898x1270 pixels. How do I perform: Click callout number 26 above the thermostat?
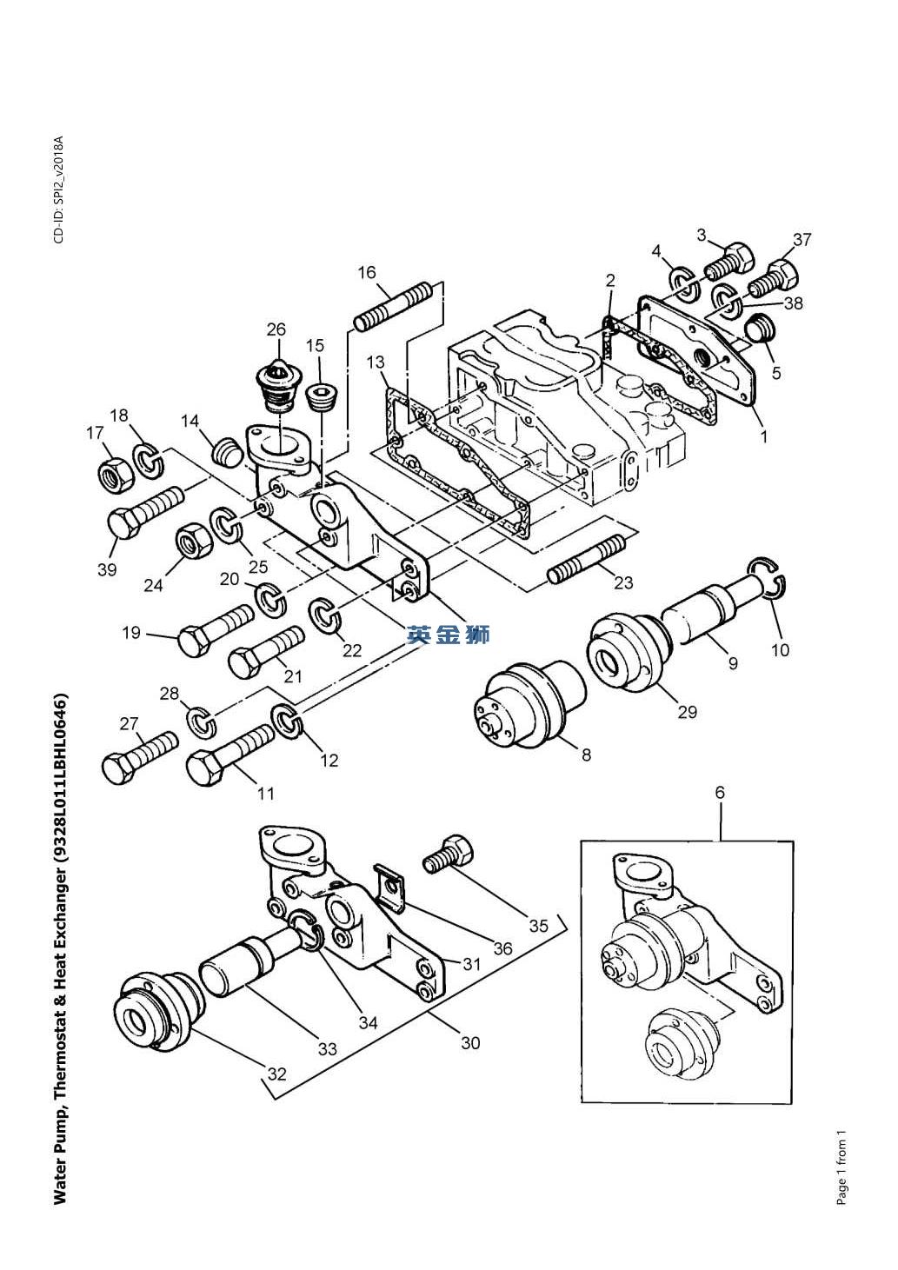276,329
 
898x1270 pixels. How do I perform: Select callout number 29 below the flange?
687,712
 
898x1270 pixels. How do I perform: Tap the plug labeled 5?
761,330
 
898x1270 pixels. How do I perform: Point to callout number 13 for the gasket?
376,361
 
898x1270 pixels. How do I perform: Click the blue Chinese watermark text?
449,635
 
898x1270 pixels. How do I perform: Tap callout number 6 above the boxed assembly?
720,793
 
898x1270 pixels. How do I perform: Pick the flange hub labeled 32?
151,1012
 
